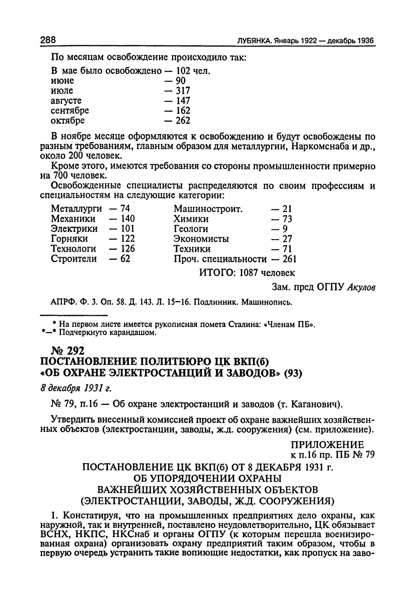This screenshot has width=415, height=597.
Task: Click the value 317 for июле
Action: (x=183, y=90)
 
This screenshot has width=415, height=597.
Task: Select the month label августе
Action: (x=66, y=101)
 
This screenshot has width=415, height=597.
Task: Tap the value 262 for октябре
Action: (x=183, y=120)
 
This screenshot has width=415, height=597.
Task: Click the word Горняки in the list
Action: (x=69, y=239)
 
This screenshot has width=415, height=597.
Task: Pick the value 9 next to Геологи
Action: (x=285, y=229)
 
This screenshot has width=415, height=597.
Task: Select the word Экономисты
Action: (x=201, y=239)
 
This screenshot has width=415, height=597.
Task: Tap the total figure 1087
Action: (x=248, y=272)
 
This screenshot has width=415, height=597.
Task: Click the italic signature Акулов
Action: (x=361, y=287)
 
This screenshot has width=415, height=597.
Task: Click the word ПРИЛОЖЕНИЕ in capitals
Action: (x=327, y=445)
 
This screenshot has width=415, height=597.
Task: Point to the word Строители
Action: (x=74, y=259)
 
